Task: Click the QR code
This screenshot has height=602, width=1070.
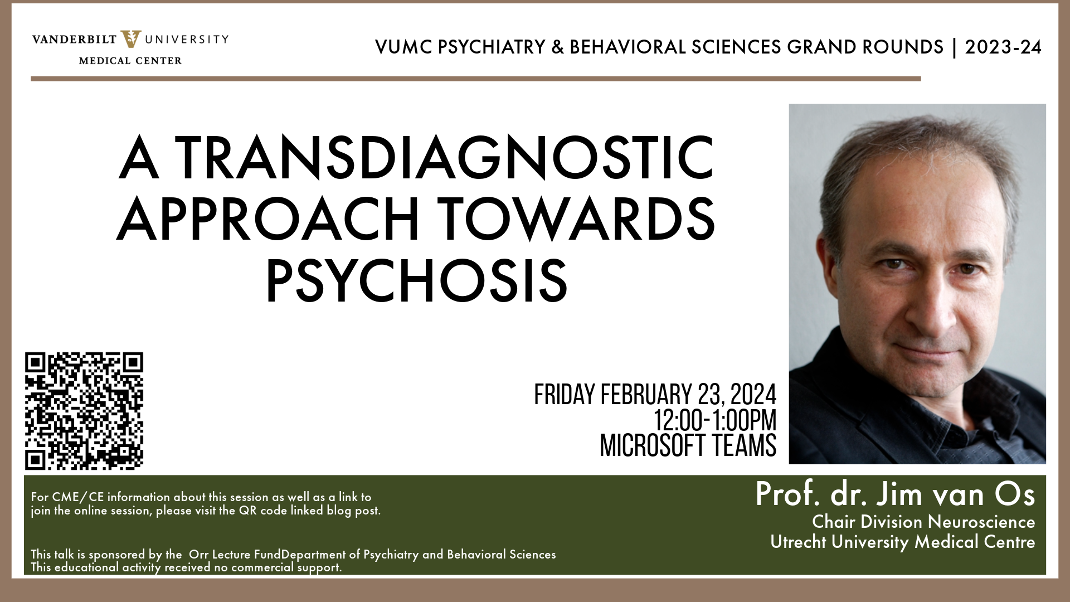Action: [x=84, y=411]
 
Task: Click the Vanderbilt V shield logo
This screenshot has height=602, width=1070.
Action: [x=131, y=39]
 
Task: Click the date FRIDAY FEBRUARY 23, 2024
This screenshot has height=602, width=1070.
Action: [x=655, y=395]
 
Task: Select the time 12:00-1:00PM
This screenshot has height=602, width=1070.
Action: [x=715, y=420]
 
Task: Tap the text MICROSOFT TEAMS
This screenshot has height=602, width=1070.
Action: [x=688, y=445]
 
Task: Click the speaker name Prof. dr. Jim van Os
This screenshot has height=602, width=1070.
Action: [x=895, y=494]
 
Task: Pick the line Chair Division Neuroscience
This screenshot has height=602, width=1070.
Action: [x=923, y=522]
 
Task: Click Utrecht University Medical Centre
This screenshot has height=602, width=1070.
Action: [x=902, y=542]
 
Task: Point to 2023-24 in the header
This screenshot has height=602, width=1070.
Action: [x=1003, y=47]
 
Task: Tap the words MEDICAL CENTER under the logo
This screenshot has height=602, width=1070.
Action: [x=130, y=61]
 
